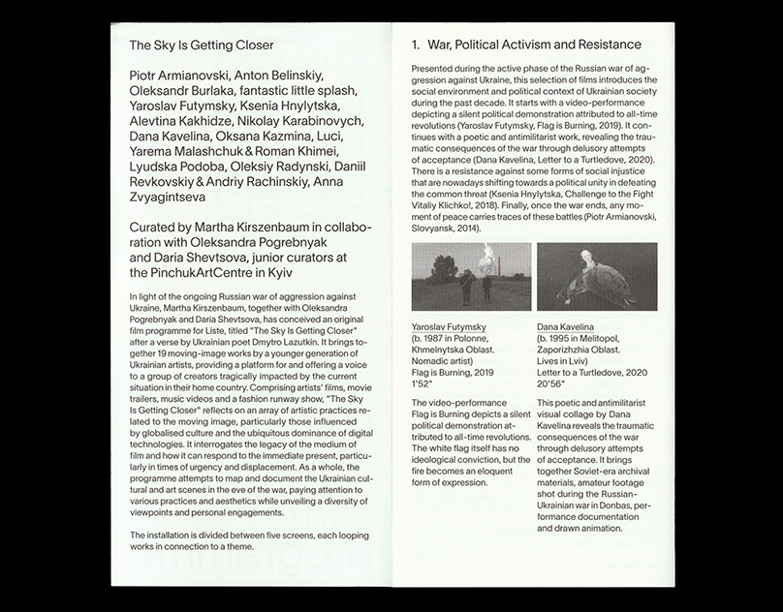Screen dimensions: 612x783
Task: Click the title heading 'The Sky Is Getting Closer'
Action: click(202, 45)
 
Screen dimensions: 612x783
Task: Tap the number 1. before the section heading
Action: click(417, 45)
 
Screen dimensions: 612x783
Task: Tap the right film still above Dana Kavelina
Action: click(596, 276)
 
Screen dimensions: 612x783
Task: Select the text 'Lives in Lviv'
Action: click(568, 359)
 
